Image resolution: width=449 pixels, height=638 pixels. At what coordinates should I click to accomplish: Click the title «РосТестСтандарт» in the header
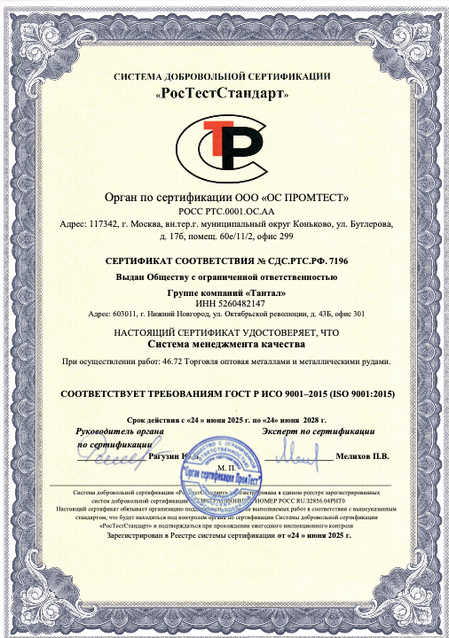pyautogui.click(x=224, y=93)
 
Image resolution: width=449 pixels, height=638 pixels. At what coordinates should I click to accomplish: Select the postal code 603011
pyautogui.click(x=121, y=314)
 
